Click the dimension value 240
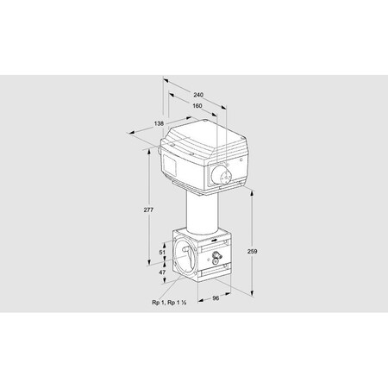pos(198,94)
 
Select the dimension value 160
pos(197,106)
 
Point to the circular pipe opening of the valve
pos(184,258)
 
